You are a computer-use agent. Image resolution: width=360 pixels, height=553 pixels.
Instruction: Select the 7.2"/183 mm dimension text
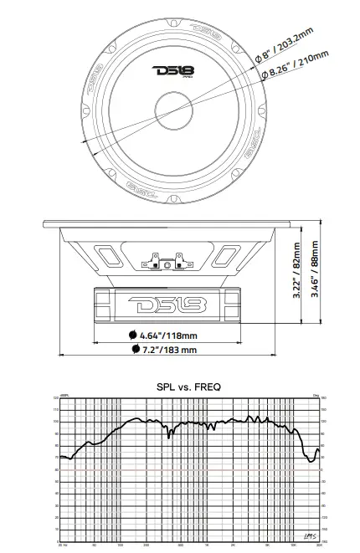click(169, 350)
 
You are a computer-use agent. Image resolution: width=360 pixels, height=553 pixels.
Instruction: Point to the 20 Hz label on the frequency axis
click(63, 545)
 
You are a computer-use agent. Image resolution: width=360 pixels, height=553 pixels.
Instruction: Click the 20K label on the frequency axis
click(319, 545)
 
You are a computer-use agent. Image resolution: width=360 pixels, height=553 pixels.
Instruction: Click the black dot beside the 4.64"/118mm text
click(133, 335)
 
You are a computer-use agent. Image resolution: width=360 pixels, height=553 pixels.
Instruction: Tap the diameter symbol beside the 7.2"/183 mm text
click(135, 350)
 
